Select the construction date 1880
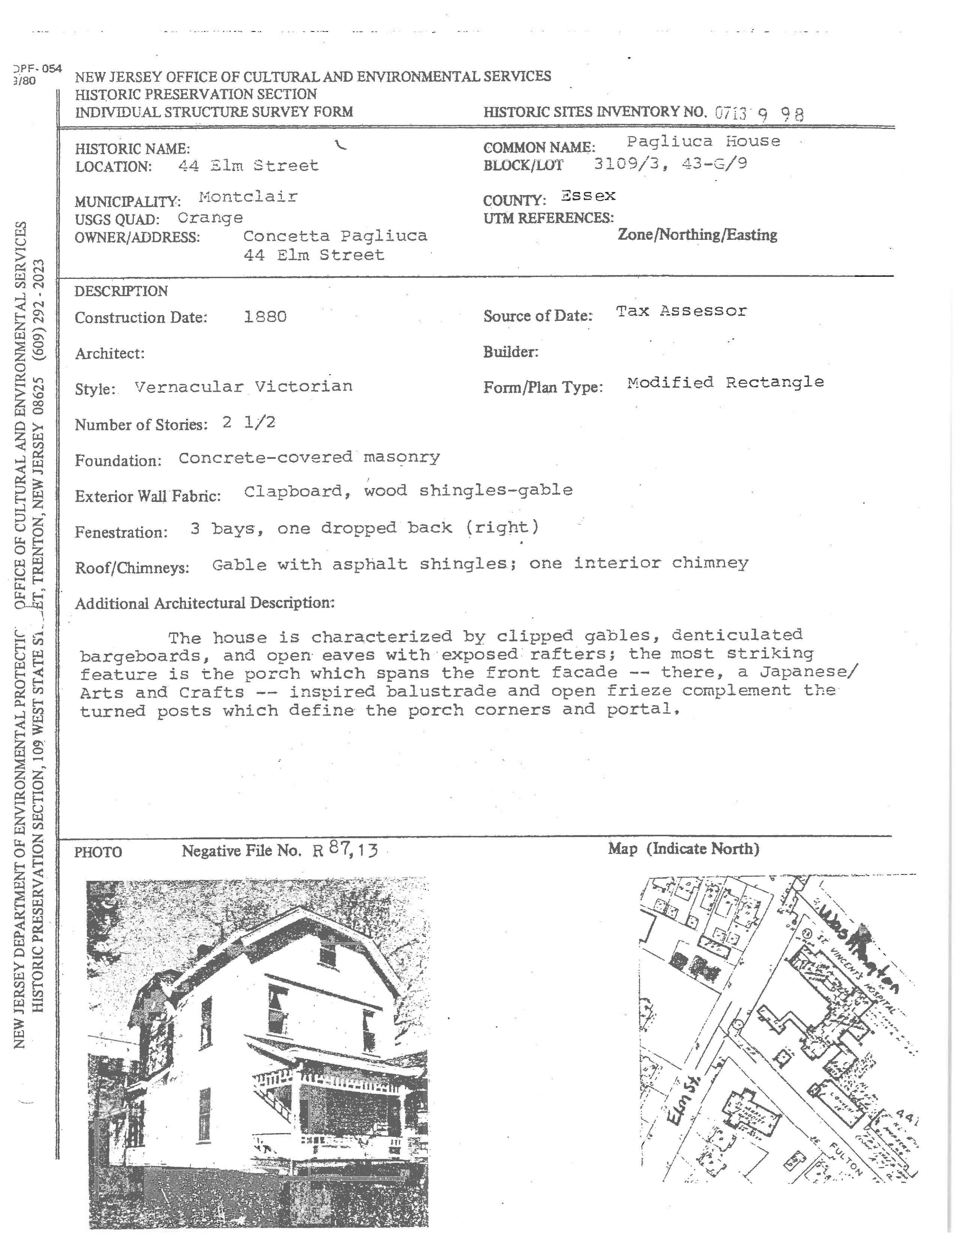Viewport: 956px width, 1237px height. click(265, 317)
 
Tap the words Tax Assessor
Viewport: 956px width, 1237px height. click(681, 311)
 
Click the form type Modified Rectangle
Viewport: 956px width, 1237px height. click(725, 382)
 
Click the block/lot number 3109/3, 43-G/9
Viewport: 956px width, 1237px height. click(670, 164)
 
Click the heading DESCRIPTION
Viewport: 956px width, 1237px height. click(121, 291)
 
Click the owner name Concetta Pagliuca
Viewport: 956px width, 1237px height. click(335, 236)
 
